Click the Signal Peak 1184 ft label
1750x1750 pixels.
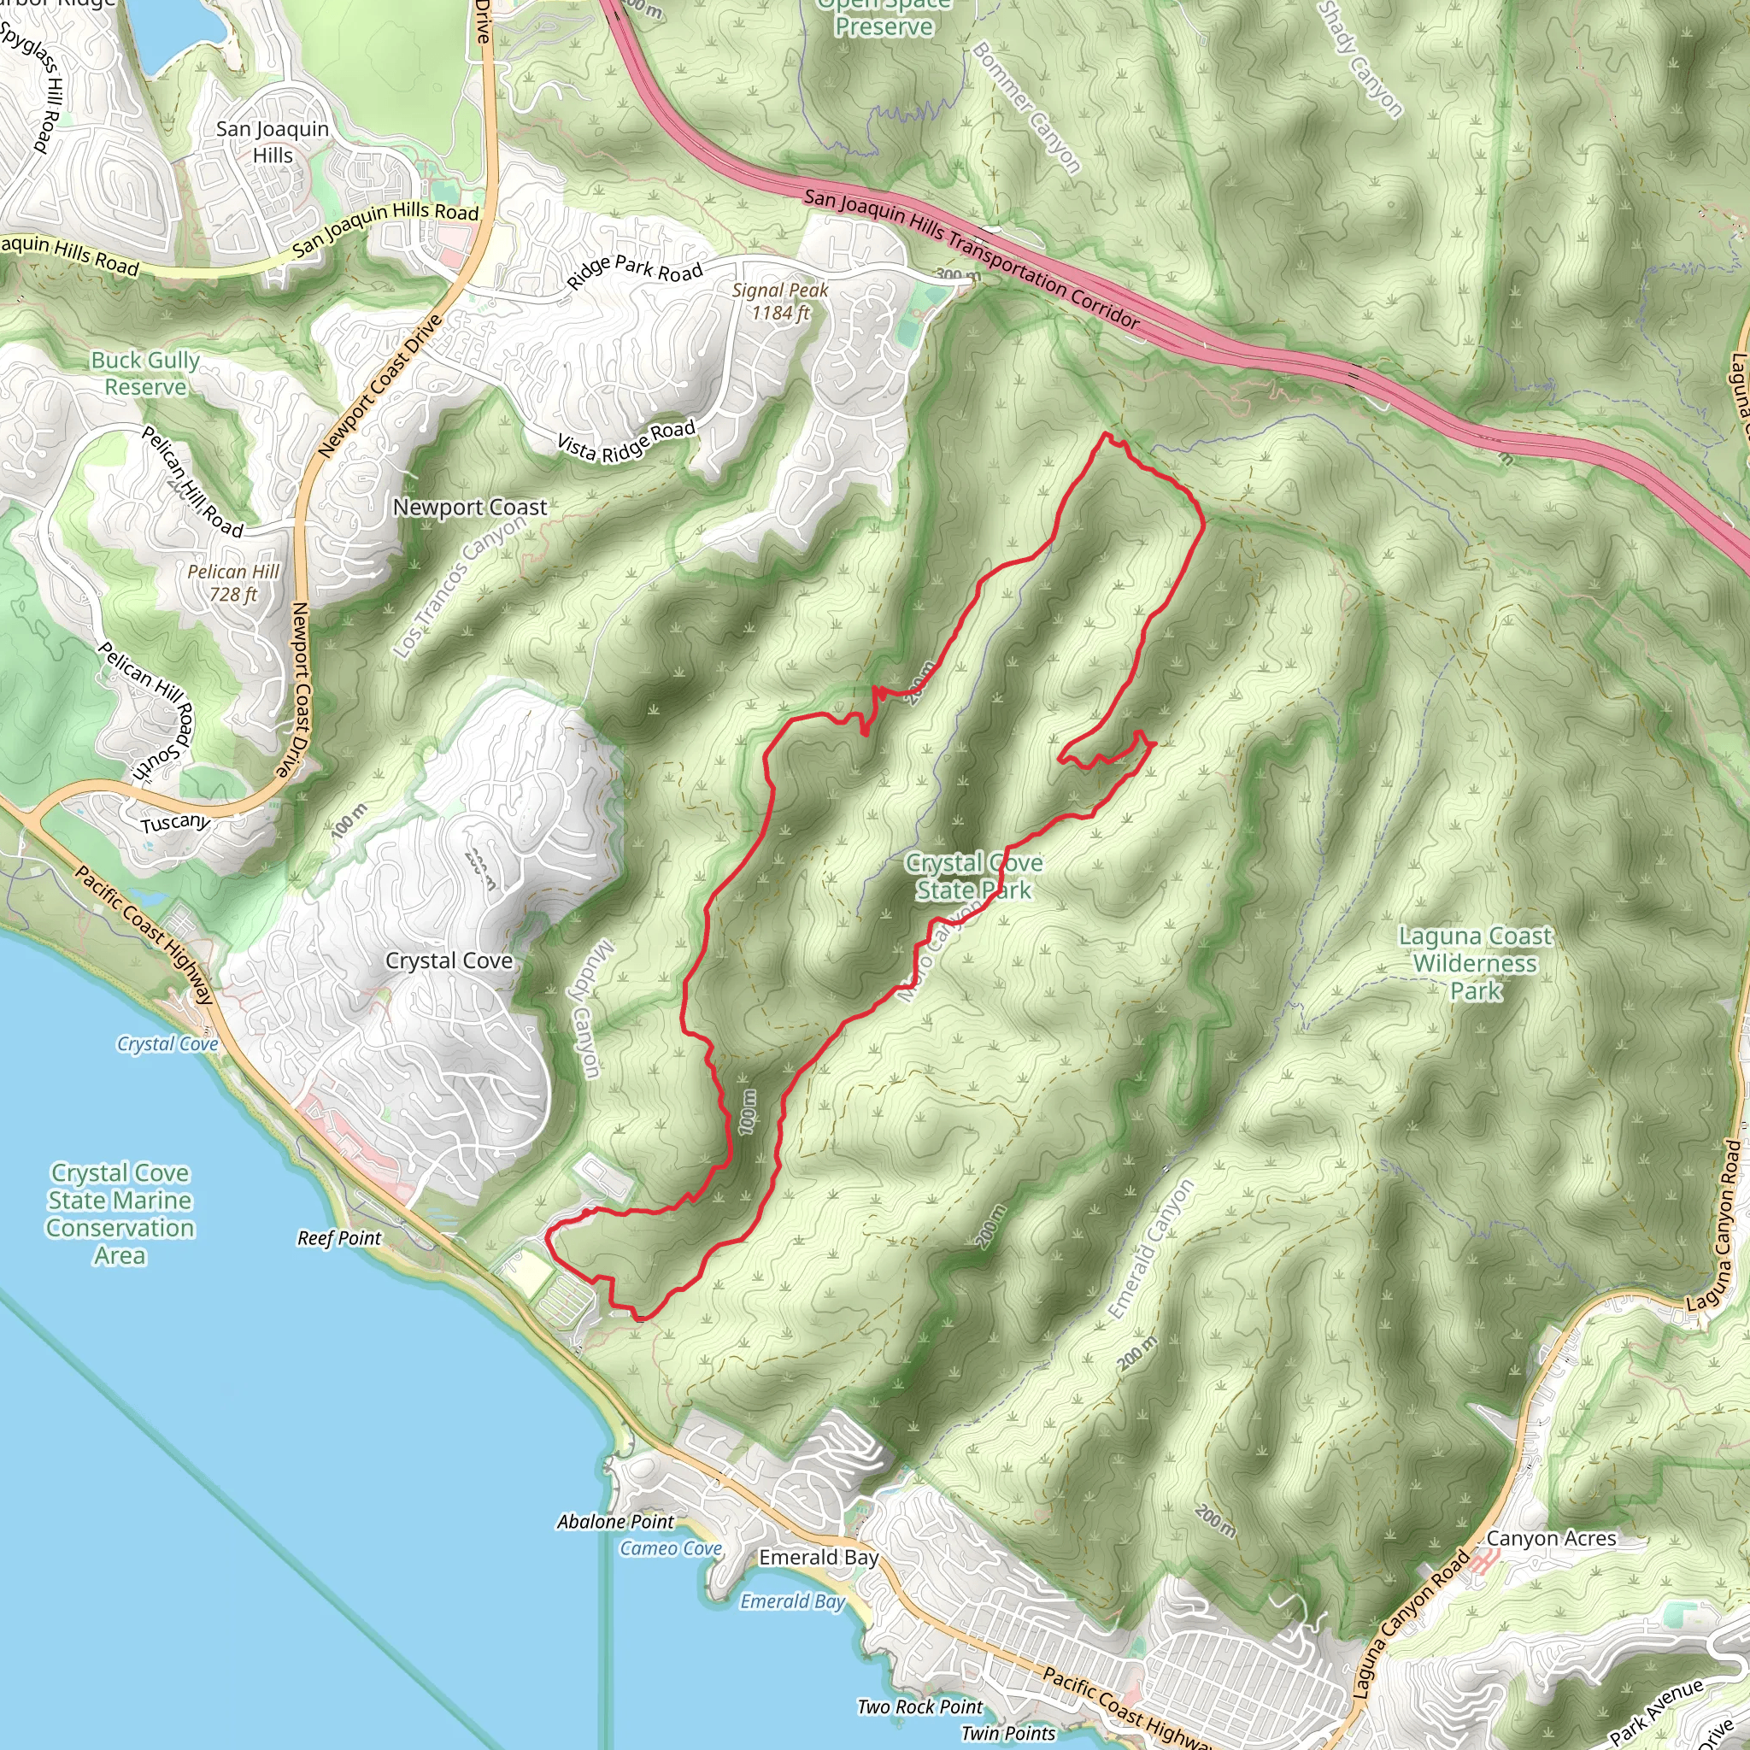pos(780,302)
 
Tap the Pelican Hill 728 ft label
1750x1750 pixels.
pos(232,584)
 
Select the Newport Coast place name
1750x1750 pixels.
pos(469,508)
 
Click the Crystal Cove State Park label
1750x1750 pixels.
pos(974,877)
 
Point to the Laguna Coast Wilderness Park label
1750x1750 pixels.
pos(1475,964)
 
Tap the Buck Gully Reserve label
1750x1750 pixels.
pos(145,373)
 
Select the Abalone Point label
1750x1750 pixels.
pos(615,1522)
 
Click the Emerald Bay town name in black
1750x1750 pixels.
pos(818,1557)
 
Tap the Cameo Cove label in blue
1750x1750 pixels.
pos(670,1548)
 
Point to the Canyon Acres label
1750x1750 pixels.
pos(1551,1538)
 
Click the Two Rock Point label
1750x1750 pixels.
pos(919,1706)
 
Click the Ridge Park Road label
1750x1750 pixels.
pos(635,269)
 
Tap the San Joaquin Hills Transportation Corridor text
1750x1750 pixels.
pos(971,258)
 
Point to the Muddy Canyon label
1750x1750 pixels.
pos(586,1010)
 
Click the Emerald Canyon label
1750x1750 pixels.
pos(1150,1250)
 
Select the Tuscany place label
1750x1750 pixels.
pos(176,823)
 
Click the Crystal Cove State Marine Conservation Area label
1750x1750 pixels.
pos(120,1213)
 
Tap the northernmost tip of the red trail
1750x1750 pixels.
pos(1104,434)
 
